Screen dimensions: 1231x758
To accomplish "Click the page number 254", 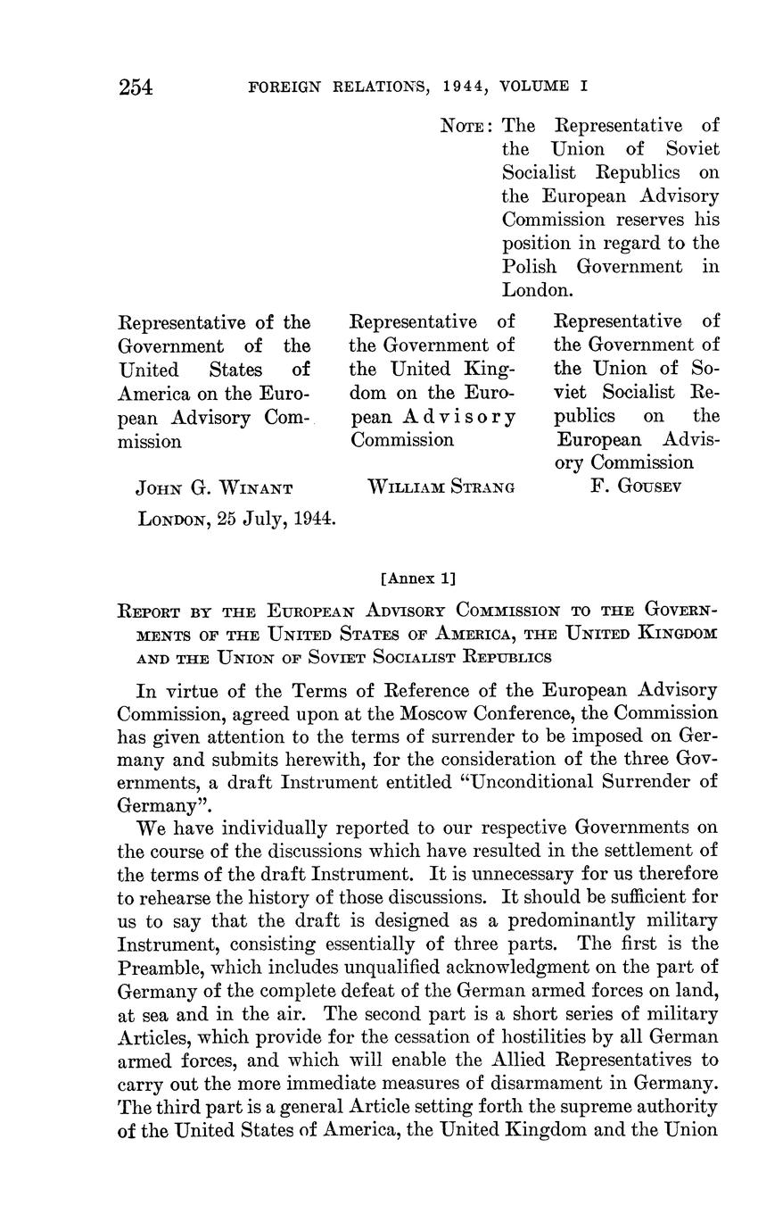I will (136, 87).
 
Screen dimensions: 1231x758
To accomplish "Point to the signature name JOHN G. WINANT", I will (213, 488).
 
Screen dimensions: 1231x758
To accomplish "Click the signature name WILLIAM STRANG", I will (441, 488).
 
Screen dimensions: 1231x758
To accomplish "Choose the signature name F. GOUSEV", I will (636, 488).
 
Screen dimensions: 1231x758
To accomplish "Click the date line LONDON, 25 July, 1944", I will (236, 518).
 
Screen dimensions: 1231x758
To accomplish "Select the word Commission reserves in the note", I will (548, 220).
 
